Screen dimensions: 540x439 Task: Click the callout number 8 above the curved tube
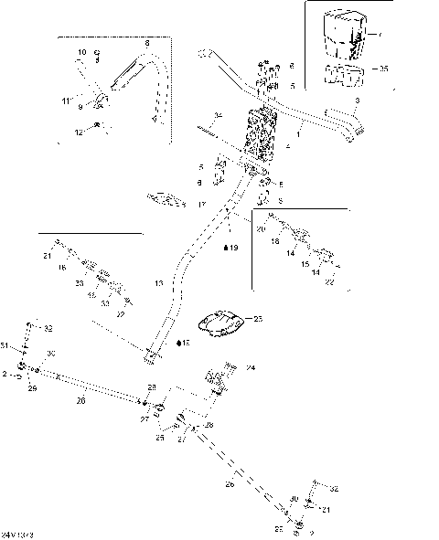[x=146, y=43]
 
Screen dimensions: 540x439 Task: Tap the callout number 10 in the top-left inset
[x=80, y=52]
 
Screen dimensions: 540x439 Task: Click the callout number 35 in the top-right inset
[x=383, y=69]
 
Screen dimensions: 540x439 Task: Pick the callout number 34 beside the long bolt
[x=218, y=115]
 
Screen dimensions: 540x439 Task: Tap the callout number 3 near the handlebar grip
[x=358, y=99]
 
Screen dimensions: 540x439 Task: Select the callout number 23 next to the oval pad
[x=257, y=319]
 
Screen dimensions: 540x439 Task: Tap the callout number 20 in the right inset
[x=261, y=229]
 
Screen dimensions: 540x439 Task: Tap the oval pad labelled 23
[x=221, y=323]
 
